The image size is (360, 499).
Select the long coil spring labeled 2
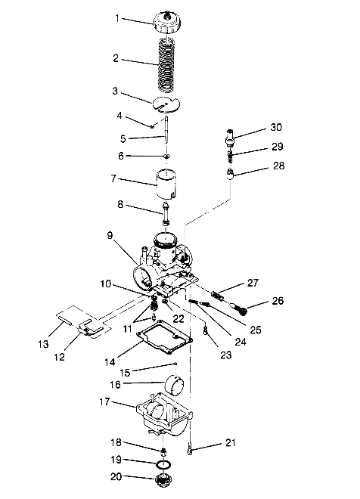[166, 64]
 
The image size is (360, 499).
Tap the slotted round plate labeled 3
[166, 104]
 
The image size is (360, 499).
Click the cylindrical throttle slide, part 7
[166, 184]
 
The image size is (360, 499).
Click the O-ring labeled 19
[163, 465]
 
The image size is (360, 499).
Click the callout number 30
[276, 127]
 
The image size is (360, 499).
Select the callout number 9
[110, 235]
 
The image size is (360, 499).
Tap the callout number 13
[43, 344]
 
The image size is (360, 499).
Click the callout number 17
[104, 401]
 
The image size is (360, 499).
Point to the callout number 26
[278, 301]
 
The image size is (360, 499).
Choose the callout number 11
[127, 329]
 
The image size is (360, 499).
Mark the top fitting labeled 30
[230, 138]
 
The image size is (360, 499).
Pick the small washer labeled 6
[166, 157]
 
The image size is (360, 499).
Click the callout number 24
[241, 342]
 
